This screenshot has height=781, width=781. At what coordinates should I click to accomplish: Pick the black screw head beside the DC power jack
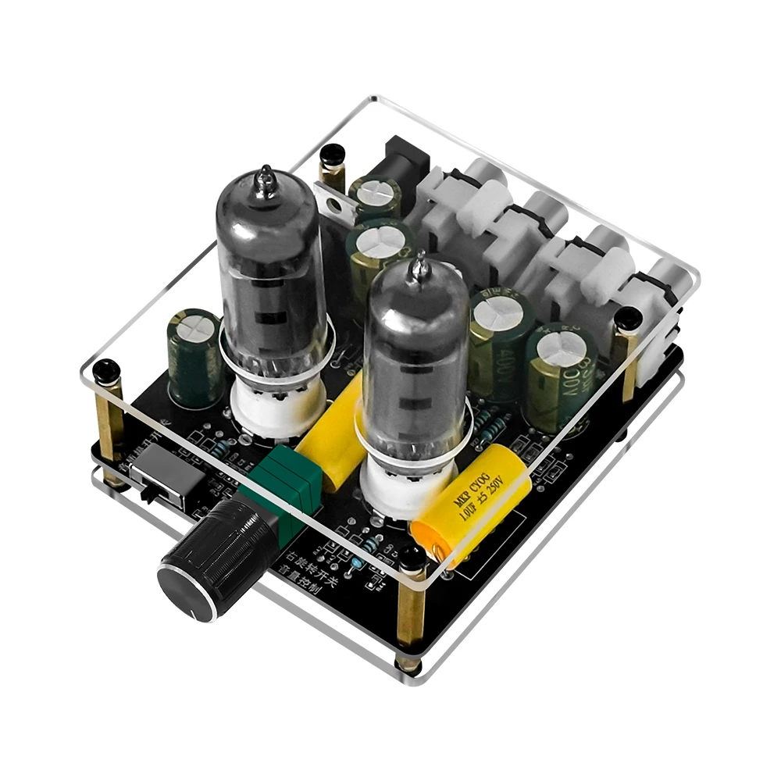(332, 155)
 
